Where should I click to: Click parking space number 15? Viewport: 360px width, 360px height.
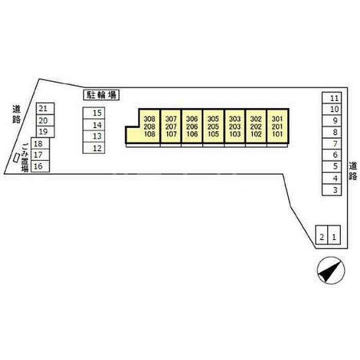point(94,113)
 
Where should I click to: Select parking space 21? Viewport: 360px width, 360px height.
point(45,109)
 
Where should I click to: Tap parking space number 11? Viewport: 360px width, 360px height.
point(332,98)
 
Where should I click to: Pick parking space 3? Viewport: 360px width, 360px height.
point(332,190)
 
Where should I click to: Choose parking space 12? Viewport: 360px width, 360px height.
point(94,148)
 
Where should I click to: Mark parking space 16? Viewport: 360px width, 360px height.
point(40,166)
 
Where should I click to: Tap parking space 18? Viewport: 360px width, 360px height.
point(40,143)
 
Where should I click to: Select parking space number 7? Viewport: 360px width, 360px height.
point(332,144)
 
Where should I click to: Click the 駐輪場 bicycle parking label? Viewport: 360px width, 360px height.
point(101,95)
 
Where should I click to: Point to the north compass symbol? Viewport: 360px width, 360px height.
point(331,271)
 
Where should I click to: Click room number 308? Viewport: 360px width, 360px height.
point(149,119)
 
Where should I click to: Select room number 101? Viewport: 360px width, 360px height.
point(277,134)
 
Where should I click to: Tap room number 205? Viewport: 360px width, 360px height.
point(213,127)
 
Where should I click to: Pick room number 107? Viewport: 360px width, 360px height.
point(171,134)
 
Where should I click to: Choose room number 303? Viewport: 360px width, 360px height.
point(235,119)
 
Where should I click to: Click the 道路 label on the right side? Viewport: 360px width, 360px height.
point(353,171)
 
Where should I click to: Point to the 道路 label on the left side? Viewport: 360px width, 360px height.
point(16,114)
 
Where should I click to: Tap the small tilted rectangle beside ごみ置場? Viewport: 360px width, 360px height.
point(16,158)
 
